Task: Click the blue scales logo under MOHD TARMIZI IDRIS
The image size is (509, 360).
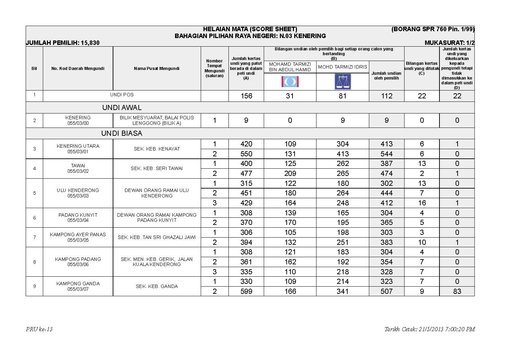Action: click(x=343, y=82)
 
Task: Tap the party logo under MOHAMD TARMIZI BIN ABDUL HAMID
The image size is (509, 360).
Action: click(x=290, y=82)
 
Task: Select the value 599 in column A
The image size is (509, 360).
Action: click(x=246, y=291)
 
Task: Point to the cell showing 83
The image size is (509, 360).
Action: click(x=457, y=291)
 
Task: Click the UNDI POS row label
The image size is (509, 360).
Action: click(x=122, y=95)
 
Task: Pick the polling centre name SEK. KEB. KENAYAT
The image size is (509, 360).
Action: click(x=157, y=149)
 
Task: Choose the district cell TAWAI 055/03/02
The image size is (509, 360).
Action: click(x=78, y=168)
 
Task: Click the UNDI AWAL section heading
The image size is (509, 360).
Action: click(x=122, y=108)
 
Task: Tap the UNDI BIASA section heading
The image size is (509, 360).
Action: click(x=122, y=133)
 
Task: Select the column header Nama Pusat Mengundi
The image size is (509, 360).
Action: click(x=157, y=69)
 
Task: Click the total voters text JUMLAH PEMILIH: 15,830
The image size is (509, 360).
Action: click(x=63, y=43)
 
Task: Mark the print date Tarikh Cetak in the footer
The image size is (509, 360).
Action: click(x=430, y=329)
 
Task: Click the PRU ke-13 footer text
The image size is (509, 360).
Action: click(x=39, y=329)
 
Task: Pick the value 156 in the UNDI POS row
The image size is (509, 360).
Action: click(x=246, y=96)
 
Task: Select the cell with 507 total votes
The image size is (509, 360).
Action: click(x=386, y=291)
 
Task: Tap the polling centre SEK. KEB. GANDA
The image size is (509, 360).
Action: click(x=157, y=286)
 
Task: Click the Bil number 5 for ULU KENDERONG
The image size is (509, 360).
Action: click(x=35, y=193)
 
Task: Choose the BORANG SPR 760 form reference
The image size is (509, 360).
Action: click(x=433, y=29)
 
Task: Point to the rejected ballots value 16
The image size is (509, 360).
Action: click(x=422, y=203)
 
